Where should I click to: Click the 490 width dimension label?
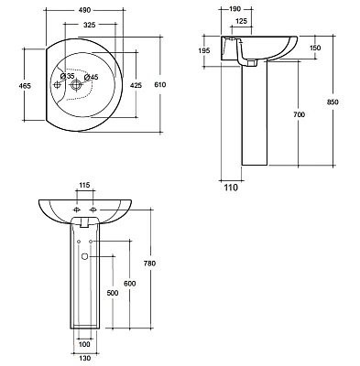click(84, 10)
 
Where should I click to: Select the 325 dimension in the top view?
click(90, 25)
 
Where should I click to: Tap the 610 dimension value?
click(160, 84)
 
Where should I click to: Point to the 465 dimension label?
click(25, 86)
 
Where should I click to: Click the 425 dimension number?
click(136, 85)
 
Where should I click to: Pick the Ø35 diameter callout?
click(67, 76)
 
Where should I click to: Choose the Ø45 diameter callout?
click(91, 77)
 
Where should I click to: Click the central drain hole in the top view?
click(75, 85)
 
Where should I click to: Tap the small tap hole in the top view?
click(57, 85)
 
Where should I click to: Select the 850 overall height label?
click(333, 102)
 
